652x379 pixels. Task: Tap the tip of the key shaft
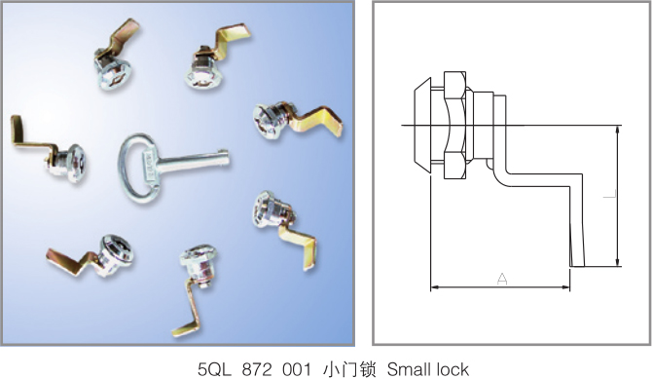(228, 158)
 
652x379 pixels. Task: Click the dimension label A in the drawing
(502, 279)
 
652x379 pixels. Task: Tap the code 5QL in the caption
(214, 369)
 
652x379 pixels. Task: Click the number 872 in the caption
(256, 369)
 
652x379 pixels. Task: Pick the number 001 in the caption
(297, 369)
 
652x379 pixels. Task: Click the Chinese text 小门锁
(349, 369)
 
